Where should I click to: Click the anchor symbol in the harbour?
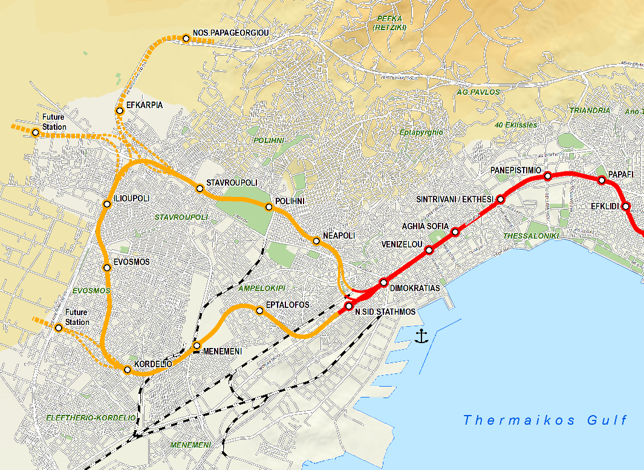coord(421,336)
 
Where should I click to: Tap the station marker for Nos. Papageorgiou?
coord(186,39)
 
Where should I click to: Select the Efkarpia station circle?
coord(120,111)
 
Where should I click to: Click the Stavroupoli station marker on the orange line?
coord(200,188)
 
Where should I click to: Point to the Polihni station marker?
coord(269,207)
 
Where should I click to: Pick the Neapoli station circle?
coord(316,241)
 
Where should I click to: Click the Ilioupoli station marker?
coord(107,204)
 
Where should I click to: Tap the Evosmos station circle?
coord(107,268)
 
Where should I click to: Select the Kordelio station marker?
coord(128,370)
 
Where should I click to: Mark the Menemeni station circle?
coord(197,345)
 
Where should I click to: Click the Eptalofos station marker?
coord(260,311)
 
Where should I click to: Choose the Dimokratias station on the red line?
coord(383,282)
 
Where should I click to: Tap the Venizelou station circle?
coord(429,250)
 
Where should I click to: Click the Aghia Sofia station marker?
coord(455,232)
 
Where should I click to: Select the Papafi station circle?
coord(602,180)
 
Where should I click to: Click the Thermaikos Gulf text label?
coord(545,420)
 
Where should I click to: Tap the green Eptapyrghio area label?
coord(421,132)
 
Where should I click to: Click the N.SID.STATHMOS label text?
coord(385,312)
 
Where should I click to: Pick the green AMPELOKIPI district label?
coord(261,288)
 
